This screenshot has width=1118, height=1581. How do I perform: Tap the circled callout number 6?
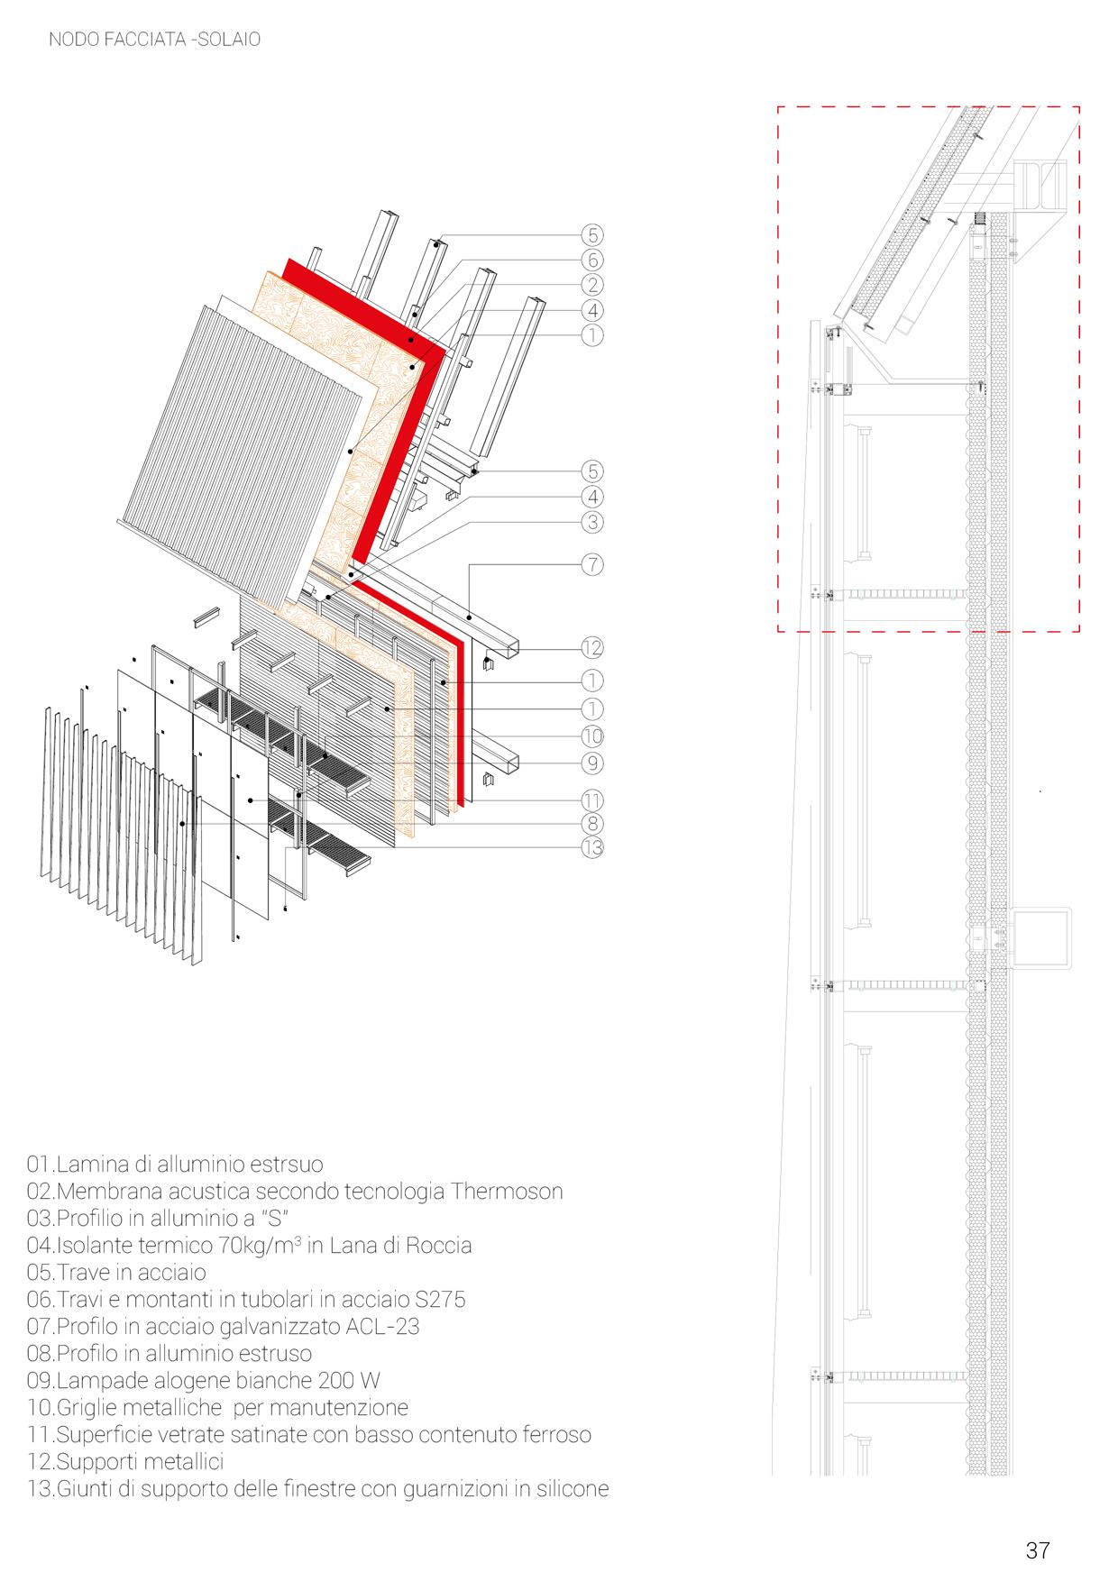(x=592, y=260)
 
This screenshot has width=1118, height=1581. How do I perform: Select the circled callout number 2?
(x=592, y=285)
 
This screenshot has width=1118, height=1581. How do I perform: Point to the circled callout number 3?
(x=592, y=522)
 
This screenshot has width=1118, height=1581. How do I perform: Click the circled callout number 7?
(x=592, y=565)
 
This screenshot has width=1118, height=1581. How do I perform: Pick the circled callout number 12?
(x=592, y=648)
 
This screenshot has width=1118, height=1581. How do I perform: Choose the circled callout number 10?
(x=592, y=735)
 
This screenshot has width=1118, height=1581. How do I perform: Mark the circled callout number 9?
(x=592, y=763)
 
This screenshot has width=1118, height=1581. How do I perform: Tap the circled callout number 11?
(x=592, y=800)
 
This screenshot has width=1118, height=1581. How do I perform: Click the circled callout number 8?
(x=592, y=823)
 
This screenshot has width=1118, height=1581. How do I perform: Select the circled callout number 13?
(x=592, y=847)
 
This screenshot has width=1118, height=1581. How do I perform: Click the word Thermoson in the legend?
(x=507, y=1192)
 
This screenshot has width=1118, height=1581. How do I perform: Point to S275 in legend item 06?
(x=435, y=1300)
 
